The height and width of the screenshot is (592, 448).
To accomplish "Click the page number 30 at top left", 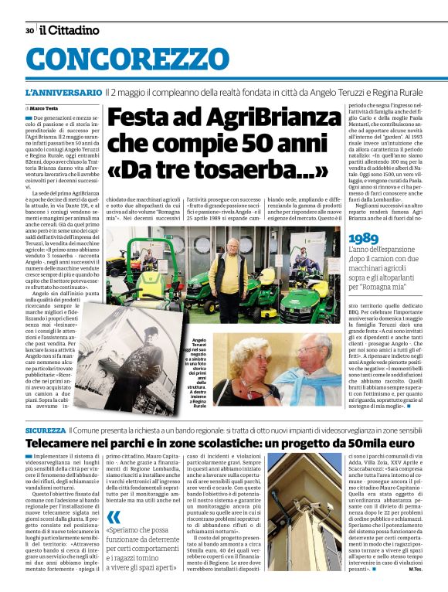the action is coord(29,31).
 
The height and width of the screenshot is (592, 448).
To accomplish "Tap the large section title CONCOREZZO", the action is coord(129,60).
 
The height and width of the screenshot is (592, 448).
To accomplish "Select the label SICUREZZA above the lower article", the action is coord(46,430).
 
